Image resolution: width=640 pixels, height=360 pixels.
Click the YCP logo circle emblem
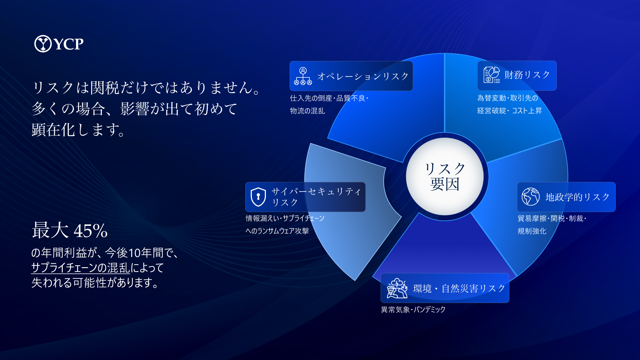pos(43,44)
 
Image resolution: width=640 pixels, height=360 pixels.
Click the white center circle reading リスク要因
pos(445,176)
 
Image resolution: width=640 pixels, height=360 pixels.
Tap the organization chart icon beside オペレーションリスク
pos(303,76)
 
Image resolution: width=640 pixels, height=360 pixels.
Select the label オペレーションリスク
pos(363,76)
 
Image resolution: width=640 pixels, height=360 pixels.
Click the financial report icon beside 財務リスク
pos(492,75)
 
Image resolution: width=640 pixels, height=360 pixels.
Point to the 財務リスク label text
pos(527,75)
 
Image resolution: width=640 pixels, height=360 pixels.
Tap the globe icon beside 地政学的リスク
pos(531,196)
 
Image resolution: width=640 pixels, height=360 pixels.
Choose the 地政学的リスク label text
pos(577,197)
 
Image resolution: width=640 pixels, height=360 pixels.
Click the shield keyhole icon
pos(258,197)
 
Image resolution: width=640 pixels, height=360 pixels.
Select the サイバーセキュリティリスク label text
pos(316,197)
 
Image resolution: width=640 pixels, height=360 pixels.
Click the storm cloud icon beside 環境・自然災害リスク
pos(397,288)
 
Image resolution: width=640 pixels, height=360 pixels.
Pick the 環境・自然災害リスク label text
pos(459,289)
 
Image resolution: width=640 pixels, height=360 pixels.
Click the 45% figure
pos(91,231)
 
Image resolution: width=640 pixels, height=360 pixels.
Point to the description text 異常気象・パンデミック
pos(413,309)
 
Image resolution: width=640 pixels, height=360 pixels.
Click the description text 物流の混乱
pos(308,111)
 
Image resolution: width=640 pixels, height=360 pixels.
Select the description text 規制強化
pos(532,231)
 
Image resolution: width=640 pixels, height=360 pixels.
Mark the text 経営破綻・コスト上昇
pos(509,111)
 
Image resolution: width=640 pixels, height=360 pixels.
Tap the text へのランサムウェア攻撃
pos(277,231)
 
